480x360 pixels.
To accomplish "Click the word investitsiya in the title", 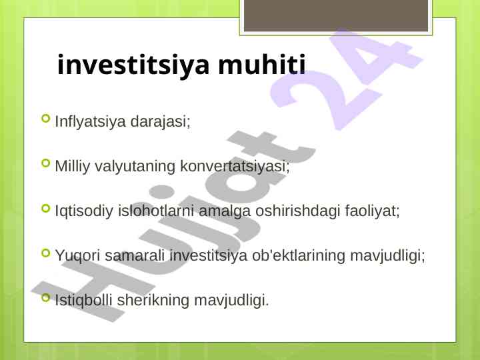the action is tap(133, 65).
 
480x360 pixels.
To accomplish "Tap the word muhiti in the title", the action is tap(262, 64).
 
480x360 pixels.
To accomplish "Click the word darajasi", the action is tap(160, 121).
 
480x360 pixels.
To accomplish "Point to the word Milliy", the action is tap(72, 166).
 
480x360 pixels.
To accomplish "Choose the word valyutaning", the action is tap(135, 167).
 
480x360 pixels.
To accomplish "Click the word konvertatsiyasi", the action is tap(235, 166).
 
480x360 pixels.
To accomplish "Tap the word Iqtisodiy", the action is tap(84, 211).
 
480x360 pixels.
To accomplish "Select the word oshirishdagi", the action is tap(297, 211).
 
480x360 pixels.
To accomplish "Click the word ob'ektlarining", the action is tap(299, 255).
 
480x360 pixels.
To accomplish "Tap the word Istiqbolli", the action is tap(83, 300).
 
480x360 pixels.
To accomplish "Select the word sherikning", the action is tap(153, 300).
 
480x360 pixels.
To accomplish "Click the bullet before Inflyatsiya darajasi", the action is tap(45, 118).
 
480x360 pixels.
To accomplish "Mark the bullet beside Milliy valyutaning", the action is tap(45, 163).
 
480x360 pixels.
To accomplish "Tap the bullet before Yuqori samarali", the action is tap(45, 253).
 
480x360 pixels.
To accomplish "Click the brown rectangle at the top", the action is tap(336, 15).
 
